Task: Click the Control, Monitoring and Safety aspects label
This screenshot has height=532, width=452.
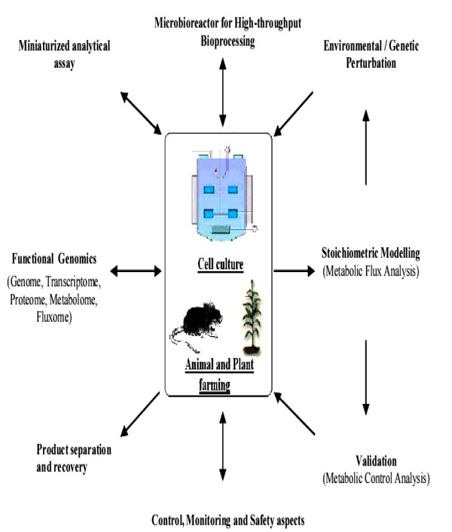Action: pyautogui.click(x=222, y=518)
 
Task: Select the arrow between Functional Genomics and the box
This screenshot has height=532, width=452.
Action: pyautogui.click(x=136, y=270)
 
